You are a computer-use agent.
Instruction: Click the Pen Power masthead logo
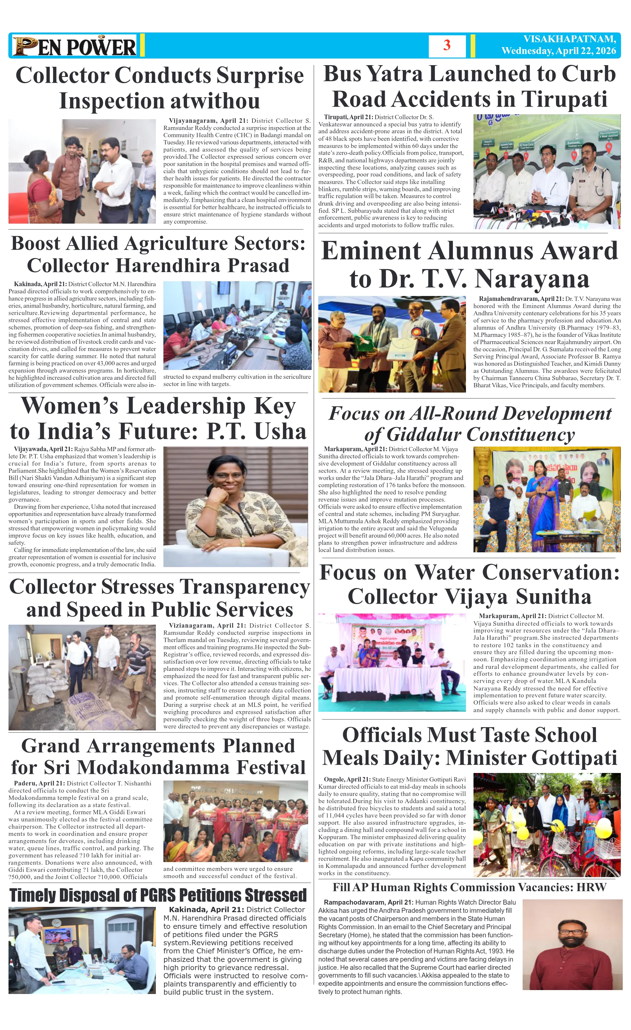74,46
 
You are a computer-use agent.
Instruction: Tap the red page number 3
447,45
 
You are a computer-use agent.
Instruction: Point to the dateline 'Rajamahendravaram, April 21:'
521,299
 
